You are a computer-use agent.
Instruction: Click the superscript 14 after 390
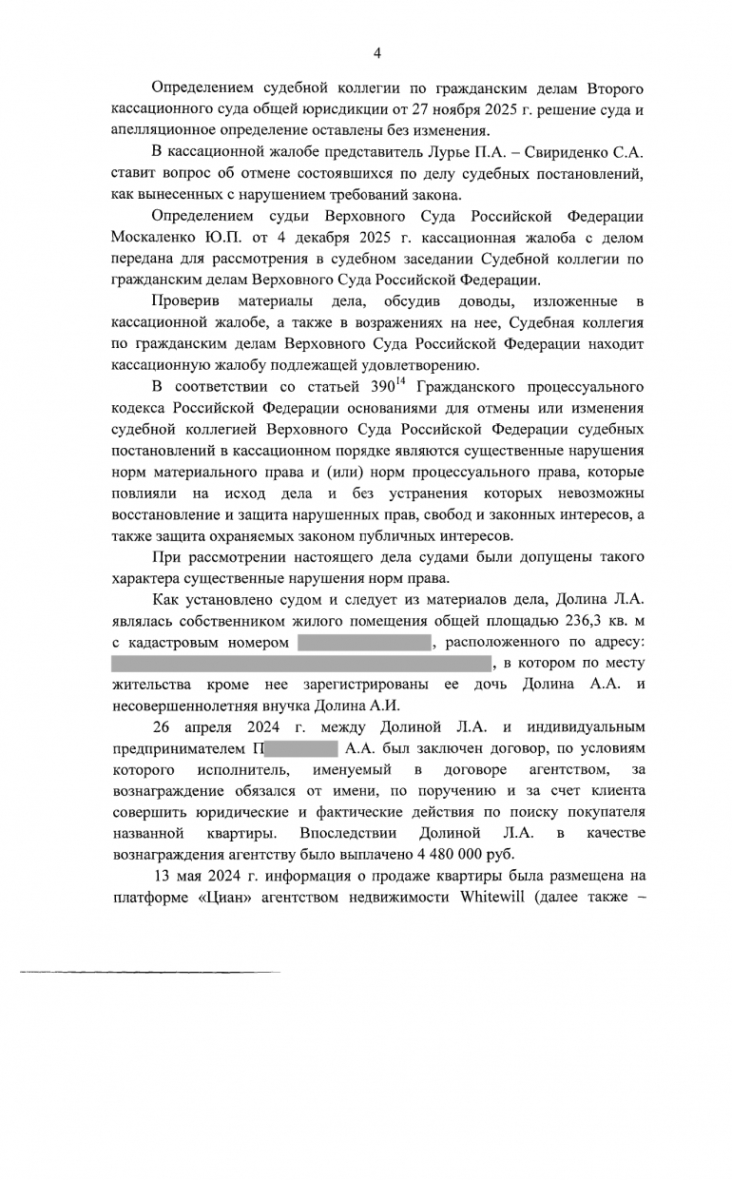[401, 383]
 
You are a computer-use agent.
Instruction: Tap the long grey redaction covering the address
[300, 664]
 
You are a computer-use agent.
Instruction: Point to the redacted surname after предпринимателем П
[299, 749]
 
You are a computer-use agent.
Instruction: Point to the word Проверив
[185, 301]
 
